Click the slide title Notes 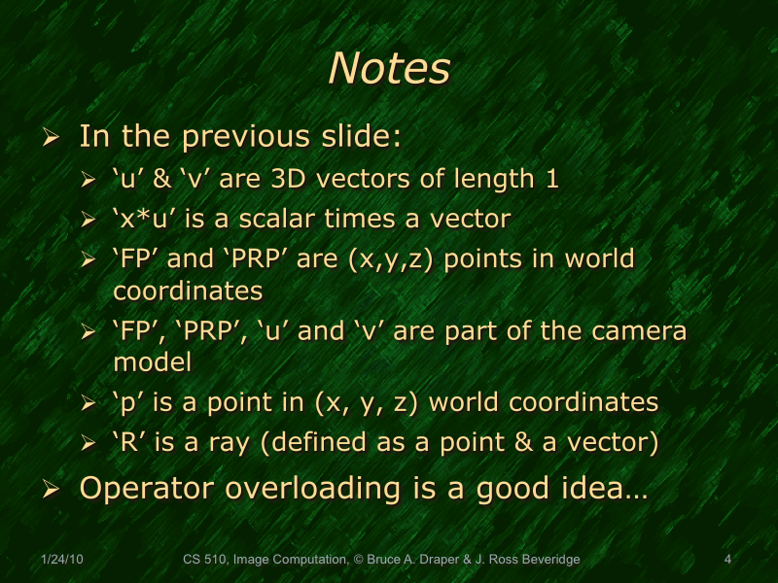(x=389, y=69)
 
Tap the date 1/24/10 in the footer (x=63, y=559)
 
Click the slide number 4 (x=727, y=559)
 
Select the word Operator (x=147, y=488)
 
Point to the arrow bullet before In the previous (x=53, y=137)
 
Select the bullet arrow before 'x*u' (x=88, y=221)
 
